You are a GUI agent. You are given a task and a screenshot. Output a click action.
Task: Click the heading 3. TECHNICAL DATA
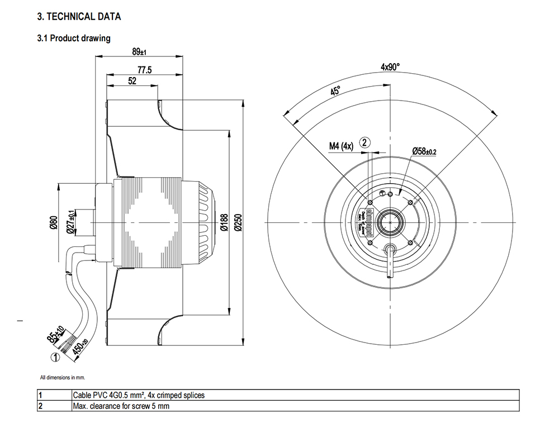pos(79,17)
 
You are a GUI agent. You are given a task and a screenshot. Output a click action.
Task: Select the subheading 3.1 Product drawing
pos(74,39)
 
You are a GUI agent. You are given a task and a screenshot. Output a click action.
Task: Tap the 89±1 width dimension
pos(139,52)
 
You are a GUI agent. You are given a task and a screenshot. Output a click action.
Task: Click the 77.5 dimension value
pos(145,70)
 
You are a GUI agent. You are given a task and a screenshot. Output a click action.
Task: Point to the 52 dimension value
pos(132,81)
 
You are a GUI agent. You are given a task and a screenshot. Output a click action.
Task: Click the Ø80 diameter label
pos(54,222)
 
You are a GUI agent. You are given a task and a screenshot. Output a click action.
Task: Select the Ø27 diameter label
pos(71,222)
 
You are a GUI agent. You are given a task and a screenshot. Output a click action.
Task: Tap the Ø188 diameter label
pos(224,222)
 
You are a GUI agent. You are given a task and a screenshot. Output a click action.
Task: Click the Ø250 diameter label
pos(238,222)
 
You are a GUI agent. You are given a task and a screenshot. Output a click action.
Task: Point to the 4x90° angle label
pos(391,67)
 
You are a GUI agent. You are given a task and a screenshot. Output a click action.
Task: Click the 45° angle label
pos(335,91)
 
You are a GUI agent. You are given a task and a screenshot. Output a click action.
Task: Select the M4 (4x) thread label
pos(341,146)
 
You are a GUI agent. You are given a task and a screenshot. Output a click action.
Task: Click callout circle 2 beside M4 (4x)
pos(364,142)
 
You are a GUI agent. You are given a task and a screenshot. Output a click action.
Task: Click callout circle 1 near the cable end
pos(55,356)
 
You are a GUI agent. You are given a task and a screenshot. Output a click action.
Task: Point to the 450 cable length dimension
pos(79,348)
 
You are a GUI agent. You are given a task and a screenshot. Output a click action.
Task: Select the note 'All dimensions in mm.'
pos(62,377)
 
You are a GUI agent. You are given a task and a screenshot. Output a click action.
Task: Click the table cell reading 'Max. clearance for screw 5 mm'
pos(121,406)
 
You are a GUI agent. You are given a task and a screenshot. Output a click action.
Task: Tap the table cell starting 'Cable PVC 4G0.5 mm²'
pos(139,396)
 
